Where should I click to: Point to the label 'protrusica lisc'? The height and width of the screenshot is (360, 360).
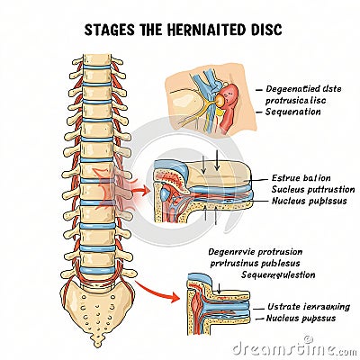(x=299, y=102)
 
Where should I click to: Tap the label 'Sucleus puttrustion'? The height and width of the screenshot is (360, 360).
(x=312, y=189)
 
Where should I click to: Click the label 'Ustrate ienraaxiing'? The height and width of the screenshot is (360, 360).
(x=309, y=307)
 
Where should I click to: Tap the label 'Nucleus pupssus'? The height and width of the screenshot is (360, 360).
(x=304, y=319)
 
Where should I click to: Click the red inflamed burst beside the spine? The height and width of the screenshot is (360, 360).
(x=130, y=190)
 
